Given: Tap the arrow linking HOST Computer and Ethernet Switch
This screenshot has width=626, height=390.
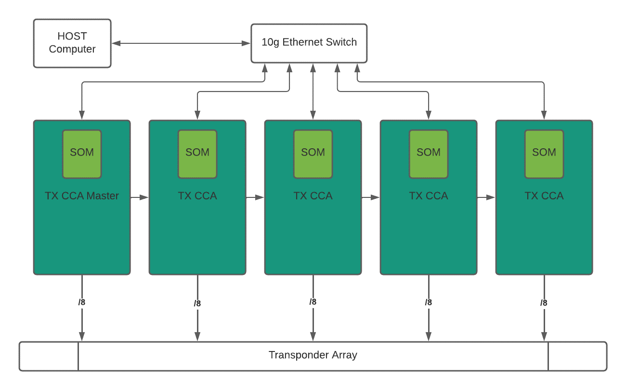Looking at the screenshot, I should pos(181,43).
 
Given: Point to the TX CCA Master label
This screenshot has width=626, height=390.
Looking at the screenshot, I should pos(82,196).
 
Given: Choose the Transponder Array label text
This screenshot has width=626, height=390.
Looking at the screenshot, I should pos(313,355).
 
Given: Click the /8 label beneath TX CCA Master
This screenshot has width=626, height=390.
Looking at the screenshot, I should pos(82,303).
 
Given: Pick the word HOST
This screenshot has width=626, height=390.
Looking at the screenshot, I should pos(72,37).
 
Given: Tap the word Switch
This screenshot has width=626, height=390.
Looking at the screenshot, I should pos(340,42).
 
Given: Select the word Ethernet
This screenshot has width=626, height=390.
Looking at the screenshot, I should pos(302,42).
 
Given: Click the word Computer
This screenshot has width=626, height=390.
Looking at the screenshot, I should pos(72,49).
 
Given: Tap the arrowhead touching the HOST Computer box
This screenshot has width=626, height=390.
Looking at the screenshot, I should pos(116,43).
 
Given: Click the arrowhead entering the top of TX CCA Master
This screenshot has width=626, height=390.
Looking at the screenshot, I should pos(82,116).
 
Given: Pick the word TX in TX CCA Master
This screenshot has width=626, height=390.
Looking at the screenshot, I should pos(51,196).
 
